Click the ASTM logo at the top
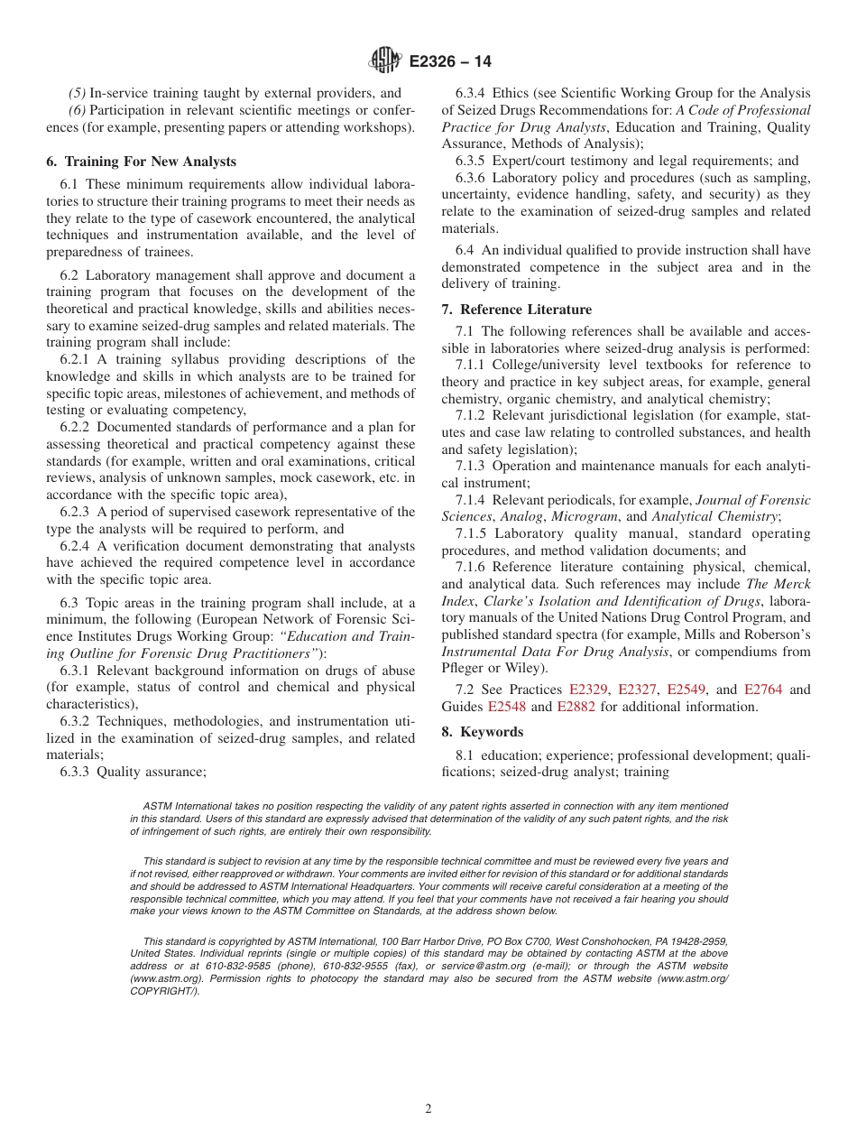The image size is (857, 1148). pyautogui.click(x=385, y=61)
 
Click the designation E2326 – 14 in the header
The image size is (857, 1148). pyautogui.click(x=450, y=62)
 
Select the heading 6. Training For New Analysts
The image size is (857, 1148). pyautogui.click(x=141, y=162)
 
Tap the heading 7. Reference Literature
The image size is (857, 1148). pyautogui.click(x=517, y=310)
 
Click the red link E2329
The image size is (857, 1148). pyautogui.click(x=589, y=690)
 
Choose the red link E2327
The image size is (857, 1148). pyautogui.click(x=638, y=690)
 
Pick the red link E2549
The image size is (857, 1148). pyautogui.click(x=687, y=690)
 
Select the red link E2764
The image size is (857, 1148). pyautogui.click(x=763, y=690)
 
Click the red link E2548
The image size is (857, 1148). pyautogui.click(x=506, y=707)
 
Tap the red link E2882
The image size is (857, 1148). pyautogui.click(x=576, y=707)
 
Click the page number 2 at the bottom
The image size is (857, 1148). pyautogui.click(x=428, y=1109)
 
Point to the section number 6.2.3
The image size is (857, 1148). pyautogui.click(x=78, y=512)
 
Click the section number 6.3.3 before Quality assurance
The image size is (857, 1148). pyautogui.click(x=78, y=772)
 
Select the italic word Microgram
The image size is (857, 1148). pyautogui.click(x=585, y=516)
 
